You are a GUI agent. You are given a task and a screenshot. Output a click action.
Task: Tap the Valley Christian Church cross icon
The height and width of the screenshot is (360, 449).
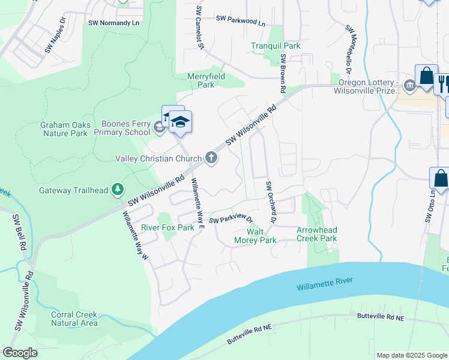click(x=211, y=158)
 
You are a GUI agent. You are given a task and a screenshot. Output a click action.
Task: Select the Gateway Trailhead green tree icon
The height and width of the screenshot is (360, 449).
click(x=118, y=190)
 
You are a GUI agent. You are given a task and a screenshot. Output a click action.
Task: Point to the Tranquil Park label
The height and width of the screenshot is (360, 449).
click(x=275, y=46)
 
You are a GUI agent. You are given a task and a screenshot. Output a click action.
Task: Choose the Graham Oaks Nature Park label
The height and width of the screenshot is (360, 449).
click(x=65, y=129)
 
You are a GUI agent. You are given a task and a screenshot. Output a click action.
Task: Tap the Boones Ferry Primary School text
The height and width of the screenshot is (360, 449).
click(x=125, y=128)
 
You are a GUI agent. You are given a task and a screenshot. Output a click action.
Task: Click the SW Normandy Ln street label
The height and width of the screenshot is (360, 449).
click(x=113, y=23)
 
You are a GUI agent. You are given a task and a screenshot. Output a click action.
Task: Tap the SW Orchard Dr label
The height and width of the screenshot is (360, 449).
click(x=270, y=203)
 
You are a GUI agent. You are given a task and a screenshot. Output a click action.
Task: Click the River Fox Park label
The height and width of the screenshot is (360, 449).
click(x=167, y=228)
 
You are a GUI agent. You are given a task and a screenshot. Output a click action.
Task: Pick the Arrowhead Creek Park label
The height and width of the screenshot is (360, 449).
click(x=317, y=234)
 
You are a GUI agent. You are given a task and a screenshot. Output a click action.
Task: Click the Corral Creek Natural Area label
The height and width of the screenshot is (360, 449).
click(x=74, y=319)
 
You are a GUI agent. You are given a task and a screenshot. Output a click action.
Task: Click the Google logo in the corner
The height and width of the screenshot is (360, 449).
click(x=20, y=353)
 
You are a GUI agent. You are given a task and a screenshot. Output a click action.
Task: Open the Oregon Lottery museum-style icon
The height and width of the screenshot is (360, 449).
click(x=409, y=85)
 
